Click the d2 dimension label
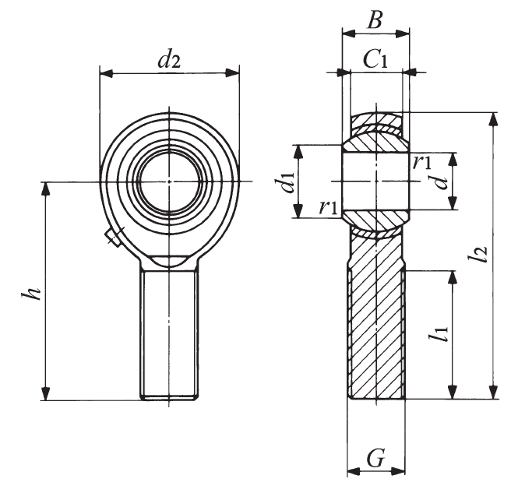(x=169, y=58)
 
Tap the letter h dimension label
(x=31, y=291)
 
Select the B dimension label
(x=375, y=19)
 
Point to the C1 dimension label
(x=375, y=60)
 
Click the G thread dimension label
(x=376, y=458)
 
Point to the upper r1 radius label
(x=422, y=161)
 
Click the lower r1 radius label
(x=329, y=207)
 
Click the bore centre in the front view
(x=170, y=181)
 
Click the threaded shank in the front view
(x=169, y=333)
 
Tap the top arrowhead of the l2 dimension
(x=494, y=119)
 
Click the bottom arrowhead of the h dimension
(x=46, y=394)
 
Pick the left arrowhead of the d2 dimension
(x=106, y=73)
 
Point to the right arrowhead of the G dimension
(x=398, y=471)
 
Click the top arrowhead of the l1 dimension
(x=453, y=277)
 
